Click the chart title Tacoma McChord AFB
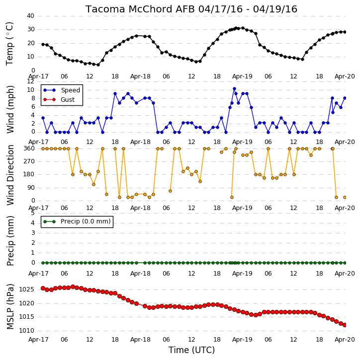coord(140,9)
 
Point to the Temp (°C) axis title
coord(9,44)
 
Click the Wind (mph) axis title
coord(10,109)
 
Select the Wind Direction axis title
coord(10,175)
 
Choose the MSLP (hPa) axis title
coord(10,306)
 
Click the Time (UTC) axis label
coord(191,350)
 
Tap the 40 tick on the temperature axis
coord(30,16)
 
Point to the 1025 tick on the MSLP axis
coord(27,289)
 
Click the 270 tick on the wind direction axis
coord(29,161)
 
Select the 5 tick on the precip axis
coord(33,213)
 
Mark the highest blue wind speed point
coord(234,88)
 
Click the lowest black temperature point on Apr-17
coord(98,65)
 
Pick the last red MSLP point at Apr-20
coord(345,325)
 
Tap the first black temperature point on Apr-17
coord(43,44)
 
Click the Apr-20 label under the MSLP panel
coord(345,340)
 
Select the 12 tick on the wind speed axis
coord(30,81)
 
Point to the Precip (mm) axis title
coord(10,241)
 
